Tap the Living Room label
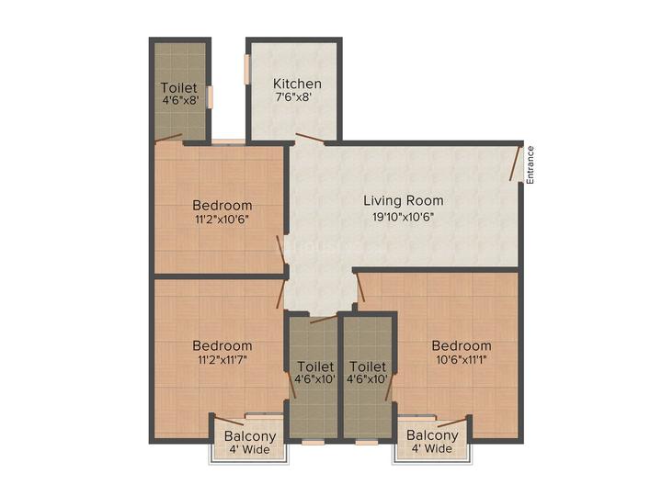pos(403,200)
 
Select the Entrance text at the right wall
pos(530,165)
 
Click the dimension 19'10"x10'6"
pos(403,217)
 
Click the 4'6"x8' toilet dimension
pos(179,102)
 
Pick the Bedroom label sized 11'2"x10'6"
pos(222,205)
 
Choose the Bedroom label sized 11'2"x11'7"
pos(222,345)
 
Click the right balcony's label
pos(432,435)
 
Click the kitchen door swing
pos(309,140)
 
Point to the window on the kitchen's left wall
pos(247,70)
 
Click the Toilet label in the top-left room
pos(179,88)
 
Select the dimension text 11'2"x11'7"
pos(222,360)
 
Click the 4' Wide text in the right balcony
pos(432,449)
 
